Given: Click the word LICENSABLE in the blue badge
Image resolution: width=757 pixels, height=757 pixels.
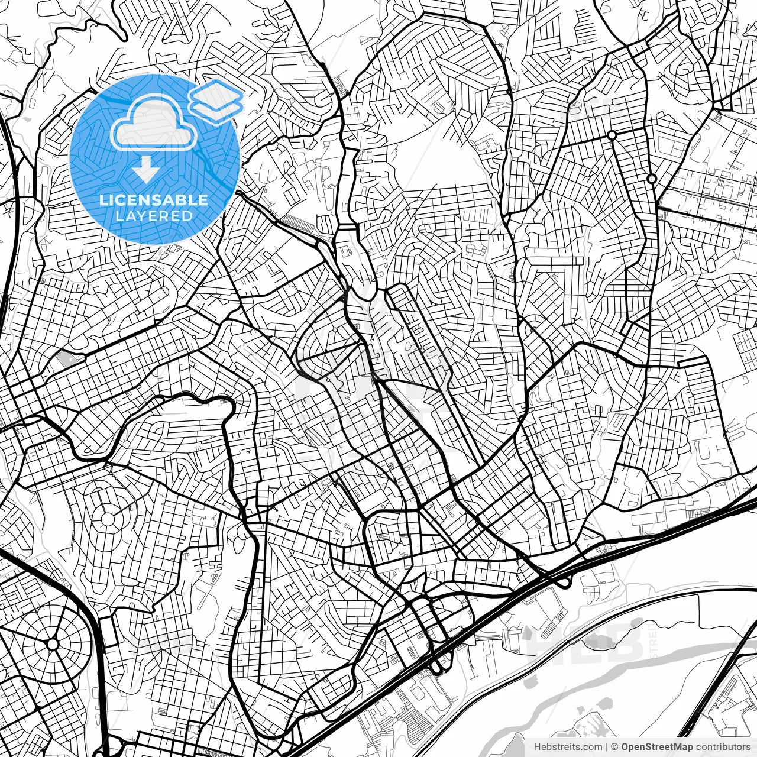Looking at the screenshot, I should point(154,200).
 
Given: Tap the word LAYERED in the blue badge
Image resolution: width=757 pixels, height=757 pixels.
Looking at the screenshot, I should point(154,216).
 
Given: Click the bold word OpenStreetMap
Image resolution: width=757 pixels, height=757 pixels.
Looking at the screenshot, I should point(657,747).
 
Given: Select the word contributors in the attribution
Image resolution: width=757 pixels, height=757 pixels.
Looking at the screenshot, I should point(723,747).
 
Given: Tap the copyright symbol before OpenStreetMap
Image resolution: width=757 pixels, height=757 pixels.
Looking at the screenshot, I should point(614,747).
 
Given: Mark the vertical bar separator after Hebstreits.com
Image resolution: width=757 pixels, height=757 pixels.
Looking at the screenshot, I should point(606,747).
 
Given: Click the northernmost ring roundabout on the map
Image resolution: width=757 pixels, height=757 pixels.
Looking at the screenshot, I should point(612,135).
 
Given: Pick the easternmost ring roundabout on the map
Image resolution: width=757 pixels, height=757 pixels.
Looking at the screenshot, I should point(652,179).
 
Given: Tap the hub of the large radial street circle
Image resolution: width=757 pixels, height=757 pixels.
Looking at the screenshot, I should point(53,643).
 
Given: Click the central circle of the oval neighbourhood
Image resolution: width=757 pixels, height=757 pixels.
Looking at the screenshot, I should point(108,519).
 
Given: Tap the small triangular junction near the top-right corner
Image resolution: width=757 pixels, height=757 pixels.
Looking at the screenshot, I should point(719,106).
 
